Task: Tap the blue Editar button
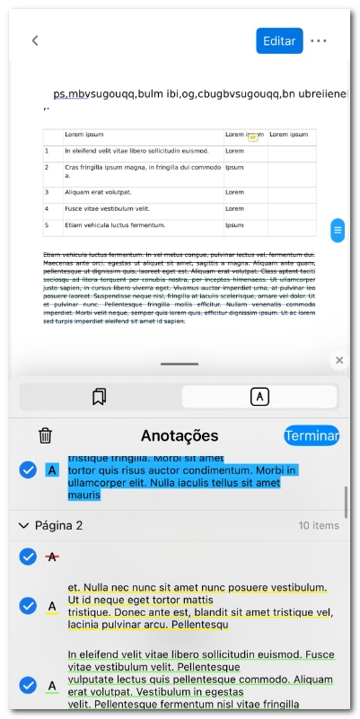pos(279,40)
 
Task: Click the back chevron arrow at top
pos(35,40)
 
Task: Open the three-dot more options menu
pos(319,40)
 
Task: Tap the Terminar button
pos(312,436)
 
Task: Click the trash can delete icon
pos(45,436)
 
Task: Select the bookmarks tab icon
pos(100,397)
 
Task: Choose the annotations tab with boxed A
pos(259,397)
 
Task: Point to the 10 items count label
pos(319,525)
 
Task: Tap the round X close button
pos(338,360)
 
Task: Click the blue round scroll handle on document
pos(338,230)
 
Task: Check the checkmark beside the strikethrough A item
pos(28,557)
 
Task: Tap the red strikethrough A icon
pos(52,557)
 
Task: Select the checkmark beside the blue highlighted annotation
pos(28,469)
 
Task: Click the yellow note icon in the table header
pos(253,137)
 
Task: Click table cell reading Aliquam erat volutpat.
pos(99,192)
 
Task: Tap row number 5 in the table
pos(47,224)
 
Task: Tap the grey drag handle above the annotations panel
pos(180,364)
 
